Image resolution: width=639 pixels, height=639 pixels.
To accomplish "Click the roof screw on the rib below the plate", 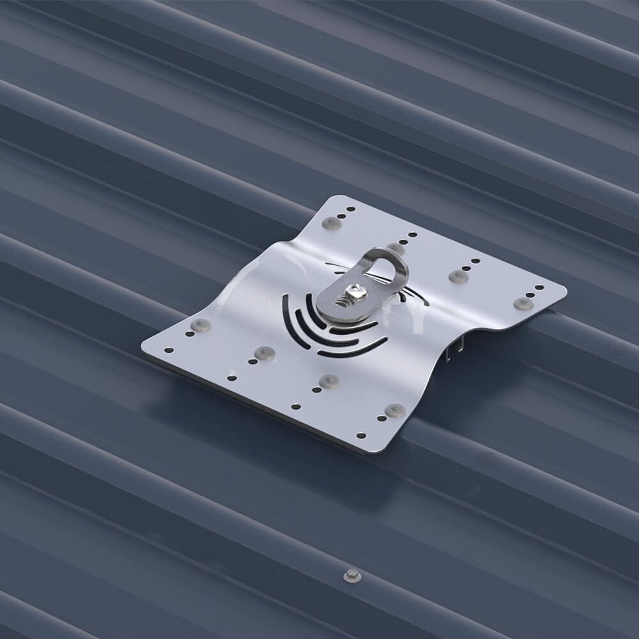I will pos(352,576).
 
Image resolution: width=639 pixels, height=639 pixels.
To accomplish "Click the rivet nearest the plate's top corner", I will pos(331,223).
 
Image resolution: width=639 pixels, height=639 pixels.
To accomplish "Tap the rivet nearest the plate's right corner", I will pos(523,304).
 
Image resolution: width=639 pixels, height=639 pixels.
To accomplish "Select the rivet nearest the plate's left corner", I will pos(200,325).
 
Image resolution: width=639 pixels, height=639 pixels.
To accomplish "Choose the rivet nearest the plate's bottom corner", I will pos(395,410).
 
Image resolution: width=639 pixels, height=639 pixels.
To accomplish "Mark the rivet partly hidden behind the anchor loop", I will pos(396,248).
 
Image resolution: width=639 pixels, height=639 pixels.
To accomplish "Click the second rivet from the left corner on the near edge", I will pos(264,353).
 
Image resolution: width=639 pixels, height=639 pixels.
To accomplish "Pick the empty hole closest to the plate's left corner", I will pos(169,350).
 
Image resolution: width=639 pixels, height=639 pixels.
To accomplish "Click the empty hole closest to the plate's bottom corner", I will pos(361,435).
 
